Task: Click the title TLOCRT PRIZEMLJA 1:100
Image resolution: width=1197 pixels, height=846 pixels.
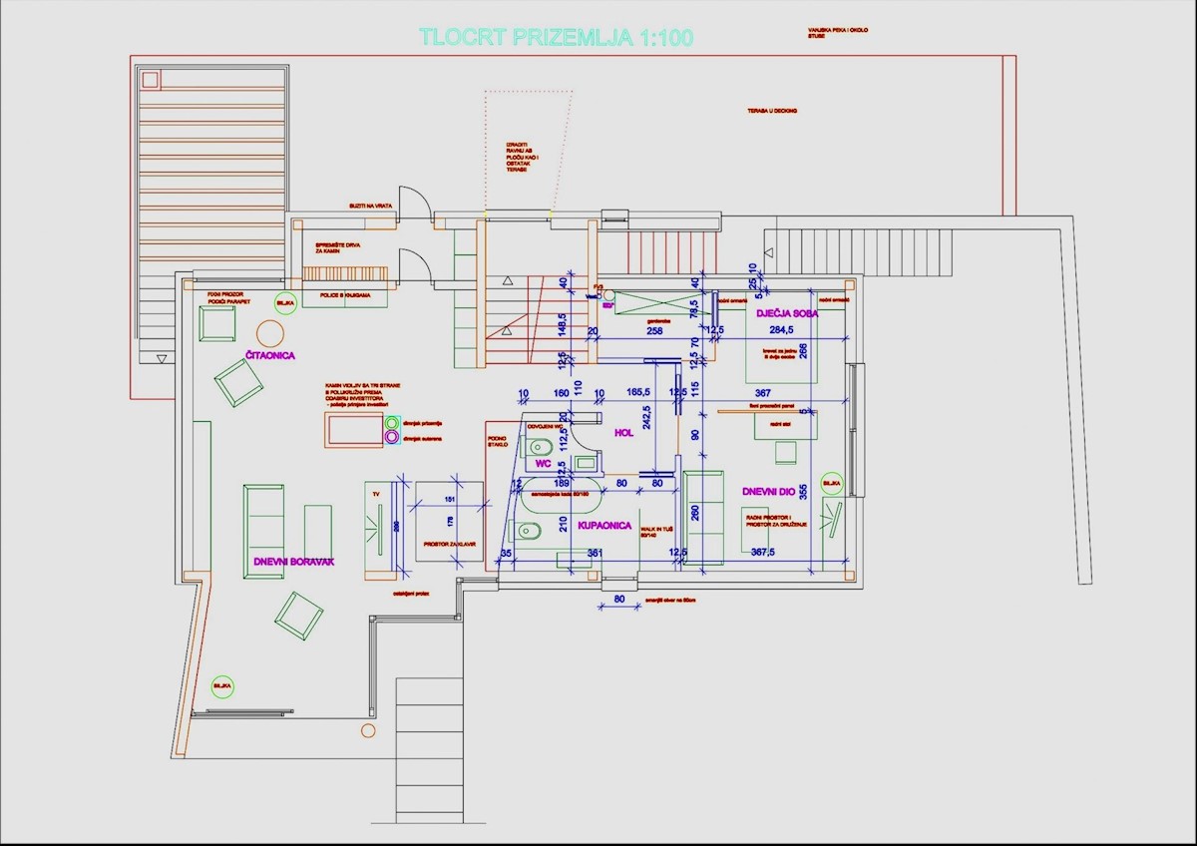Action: point(556,38)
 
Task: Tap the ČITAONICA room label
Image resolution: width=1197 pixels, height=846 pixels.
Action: point(270,355)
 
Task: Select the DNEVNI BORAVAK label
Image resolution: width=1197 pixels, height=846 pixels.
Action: point(293,563)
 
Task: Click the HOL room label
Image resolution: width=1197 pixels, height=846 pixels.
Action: point(624,433)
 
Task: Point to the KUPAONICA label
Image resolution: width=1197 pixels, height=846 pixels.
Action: point(605,525)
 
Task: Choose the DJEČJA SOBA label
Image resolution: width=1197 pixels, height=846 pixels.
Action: point(787,314)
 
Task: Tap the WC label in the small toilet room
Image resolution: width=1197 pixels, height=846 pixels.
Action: point(544,464)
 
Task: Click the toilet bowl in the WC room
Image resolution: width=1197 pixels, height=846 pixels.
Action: point(540,446)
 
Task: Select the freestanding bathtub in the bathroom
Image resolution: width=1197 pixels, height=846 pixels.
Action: point(555,493)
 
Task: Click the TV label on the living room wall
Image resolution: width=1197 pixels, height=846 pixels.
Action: point(376,493)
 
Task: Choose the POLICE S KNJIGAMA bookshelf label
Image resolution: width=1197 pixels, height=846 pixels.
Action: point(345,296)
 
